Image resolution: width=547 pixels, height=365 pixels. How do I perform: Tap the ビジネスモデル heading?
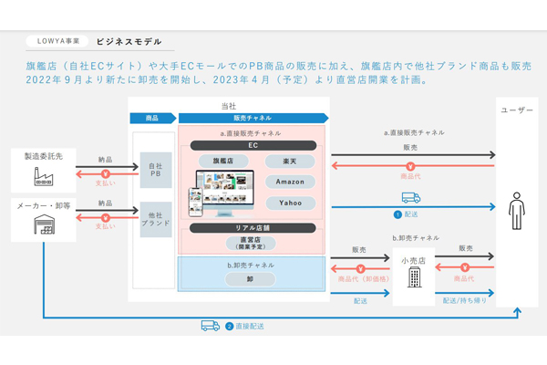(129, 41)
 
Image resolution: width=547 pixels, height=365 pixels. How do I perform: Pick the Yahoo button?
(291, 203)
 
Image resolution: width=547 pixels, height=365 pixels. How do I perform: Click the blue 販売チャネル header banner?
(253, 118)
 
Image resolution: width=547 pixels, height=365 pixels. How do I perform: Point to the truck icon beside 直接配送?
(211, 325)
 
